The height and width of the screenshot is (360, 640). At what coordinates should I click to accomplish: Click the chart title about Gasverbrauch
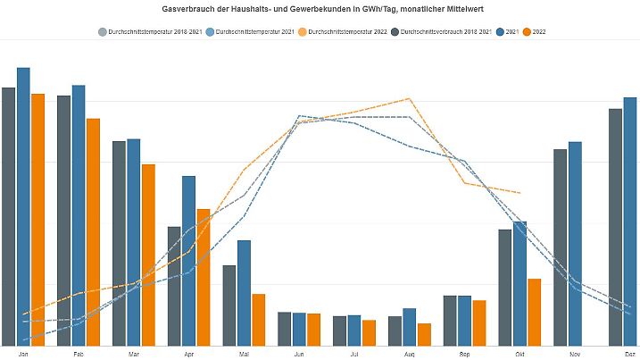tap(320, 8)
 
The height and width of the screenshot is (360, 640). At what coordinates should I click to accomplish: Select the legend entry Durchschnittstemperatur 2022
tap(347, 32)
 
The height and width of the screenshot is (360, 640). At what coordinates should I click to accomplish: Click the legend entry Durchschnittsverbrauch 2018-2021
tap(445, 32)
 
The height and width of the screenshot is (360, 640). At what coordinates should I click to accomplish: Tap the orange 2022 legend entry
tap(535, 32)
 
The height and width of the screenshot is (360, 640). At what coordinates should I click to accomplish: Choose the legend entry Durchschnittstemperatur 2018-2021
tap(148, 32)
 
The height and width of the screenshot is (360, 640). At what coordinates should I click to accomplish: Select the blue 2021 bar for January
tap(23, 205)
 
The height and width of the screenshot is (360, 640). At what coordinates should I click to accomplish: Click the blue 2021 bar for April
tap(189, 260)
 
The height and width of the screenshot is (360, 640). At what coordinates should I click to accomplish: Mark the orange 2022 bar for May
tap(259, 319)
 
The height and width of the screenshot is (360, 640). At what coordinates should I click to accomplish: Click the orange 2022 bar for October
tap(535, 312)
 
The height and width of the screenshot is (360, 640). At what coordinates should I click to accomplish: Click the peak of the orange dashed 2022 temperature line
tap(409, 98)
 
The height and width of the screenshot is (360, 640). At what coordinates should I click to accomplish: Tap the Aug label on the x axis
tap(410, 354)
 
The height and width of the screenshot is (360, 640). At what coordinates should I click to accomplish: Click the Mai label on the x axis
tap(244, 354)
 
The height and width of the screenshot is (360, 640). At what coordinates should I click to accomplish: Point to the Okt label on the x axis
tap(520, 354)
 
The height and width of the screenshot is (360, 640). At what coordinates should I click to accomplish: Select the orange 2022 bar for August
tap(424, 334)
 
